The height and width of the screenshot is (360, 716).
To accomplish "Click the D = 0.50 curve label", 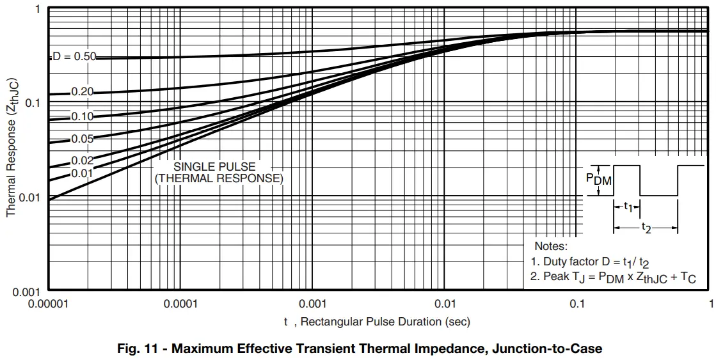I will (x=74, y=56).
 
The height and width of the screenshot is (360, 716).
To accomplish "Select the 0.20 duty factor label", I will (x=82, y=92).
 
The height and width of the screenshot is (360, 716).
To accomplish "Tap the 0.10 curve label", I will (x=82, y=116).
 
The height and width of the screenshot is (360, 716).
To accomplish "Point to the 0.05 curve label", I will (x=82, y=139).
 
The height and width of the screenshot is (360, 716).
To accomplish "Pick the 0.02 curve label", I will (x=82, y=160).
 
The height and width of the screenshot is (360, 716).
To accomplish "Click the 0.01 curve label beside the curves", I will (x=82, y=173).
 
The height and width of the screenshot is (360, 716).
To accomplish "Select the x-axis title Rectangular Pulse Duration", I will (x=378, y=322).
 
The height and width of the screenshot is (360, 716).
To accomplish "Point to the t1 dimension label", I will (x=628, y=207).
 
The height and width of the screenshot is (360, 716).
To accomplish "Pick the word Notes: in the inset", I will (x=551, y=246).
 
